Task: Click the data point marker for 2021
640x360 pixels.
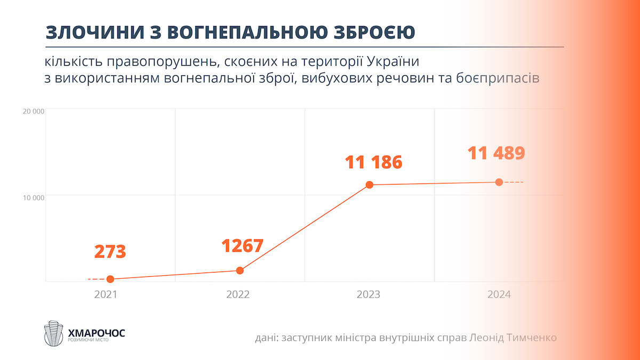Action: (x=110, y=279)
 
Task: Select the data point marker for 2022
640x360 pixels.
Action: (x=240, y=270)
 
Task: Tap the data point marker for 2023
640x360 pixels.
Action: (x=370, y=185)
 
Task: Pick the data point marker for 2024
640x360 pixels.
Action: (x=499, y=182)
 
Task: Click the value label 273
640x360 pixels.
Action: (x=110, y=252)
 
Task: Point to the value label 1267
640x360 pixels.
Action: (x=242, y=246)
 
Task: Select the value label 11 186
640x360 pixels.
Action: (x=373, y=162)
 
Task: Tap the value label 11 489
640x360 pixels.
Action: (x=497, y=153)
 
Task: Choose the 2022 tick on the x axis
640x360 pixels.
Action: (x=238, y=294)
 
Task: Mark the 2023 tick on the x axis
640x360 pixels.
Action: (x=369, y=294)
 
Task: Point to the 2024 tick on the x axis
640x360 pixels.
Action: (x=498, y=294)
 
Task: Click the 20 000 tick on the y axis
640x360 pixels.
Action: (x=33, y=111)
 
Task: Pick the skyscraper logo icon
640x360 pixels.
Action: (x=53, y=333)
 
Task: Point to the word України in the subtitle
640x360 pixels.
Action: (x=404, y=61)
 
